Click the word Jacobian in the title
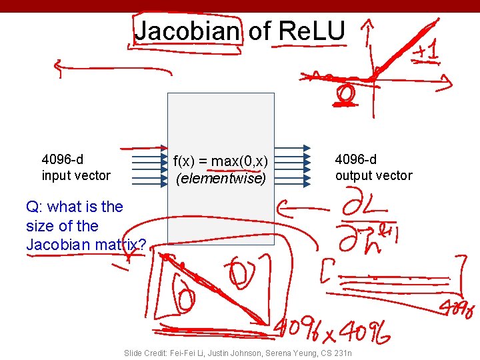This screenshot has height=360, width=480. [x=186, y=31]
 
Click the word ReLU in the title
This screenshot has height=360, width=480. [x=311, y=31]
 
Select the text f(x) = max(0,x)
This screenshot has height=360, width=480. [x=221, y=161]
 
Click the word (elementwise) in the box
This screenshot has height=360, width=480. [x=221, y=179]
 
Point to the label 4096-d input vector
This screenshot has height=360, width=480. [x=76, y=167]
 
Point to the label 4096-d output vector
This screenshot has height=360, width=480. [x=373, y=167]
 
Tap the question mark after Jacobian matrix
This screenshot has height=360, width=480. [x=141, y=245]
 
